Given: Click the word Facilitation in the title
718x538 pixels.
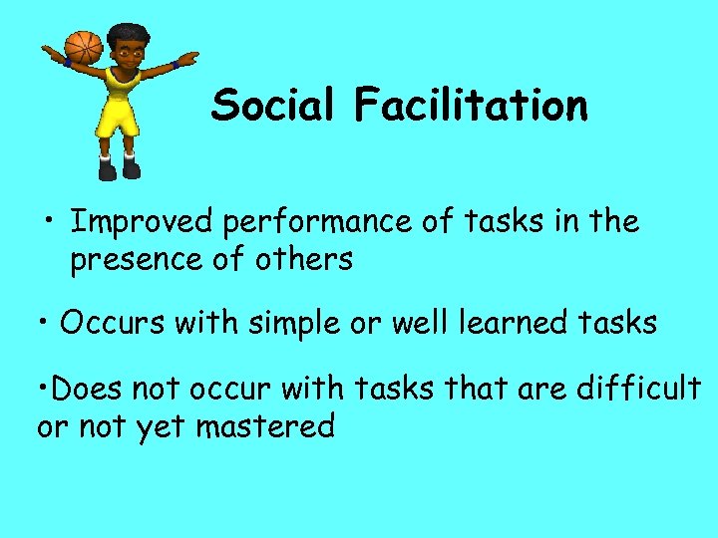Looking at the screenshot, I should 470,105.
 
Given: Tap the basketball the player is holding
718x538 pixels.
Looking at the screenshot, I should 84,47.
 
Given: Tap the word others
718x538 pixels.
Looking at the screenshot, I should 303,260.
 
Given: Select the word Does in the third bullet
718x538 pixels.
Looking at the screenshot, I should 85,388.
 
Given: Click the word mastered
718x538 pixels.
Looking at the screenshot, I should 265,427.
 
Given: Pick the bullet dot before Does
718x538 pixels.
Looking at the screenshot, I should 43,388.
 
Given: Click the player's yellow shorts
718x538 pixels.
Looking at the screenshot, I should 117,118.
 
